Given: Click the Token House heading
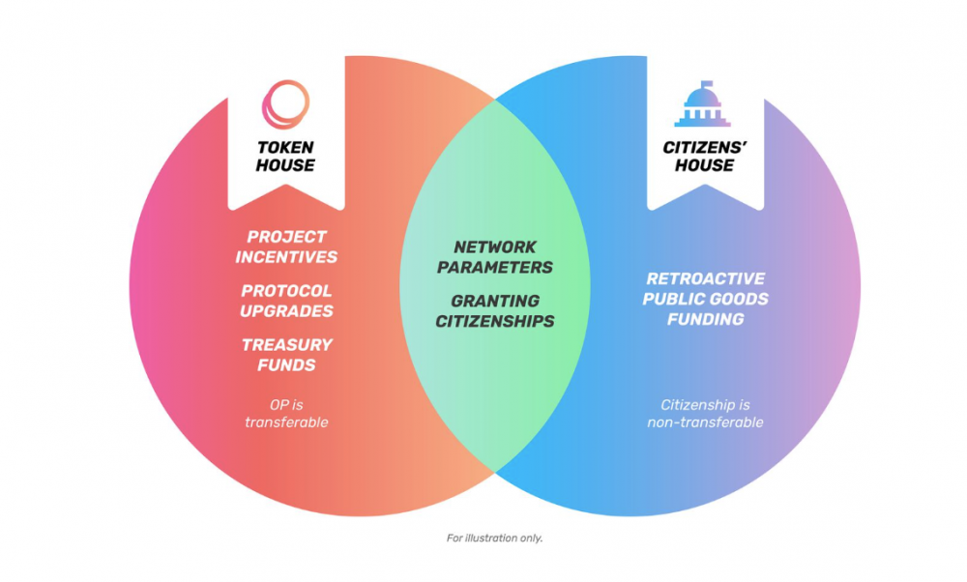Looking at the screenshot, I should tap(286, 157).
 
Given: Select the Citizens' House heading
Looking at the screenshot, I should tap(706, 157).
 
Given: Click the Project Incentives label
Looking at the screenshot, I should tap(286, 247).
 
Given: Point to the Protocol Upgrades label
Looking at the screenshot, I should tap(286, 301).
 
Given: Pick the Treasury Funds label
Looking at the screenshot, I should tap(286, 355).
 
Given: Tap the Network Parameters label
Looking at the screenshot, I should tap(494, 257).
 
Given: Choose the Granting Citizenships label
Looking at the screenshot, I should tap(494, 310).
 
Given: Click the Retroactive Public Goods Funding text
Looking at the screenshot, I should tap(706, 299).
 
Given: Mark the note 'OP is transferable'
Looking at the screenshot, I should tap(286, 413).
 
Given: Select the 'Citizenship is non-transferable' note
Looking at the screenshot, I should tap(706, 413).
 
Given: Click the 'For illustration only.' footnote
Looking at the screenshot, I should tap(494, 538).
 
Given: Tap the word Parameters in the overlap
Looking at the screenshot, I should tap(494, 267).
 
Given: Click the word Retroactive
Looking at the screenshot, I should tap(706, 278).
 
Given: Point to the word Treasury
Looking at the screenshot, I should tap(286, 344).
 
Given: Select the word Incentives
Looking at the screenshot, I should tap(286, 257).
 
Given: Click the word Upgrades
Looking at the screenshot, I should tap(286, 311).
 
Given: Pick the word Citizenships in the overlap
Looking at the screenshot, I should tap(494, 321).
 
